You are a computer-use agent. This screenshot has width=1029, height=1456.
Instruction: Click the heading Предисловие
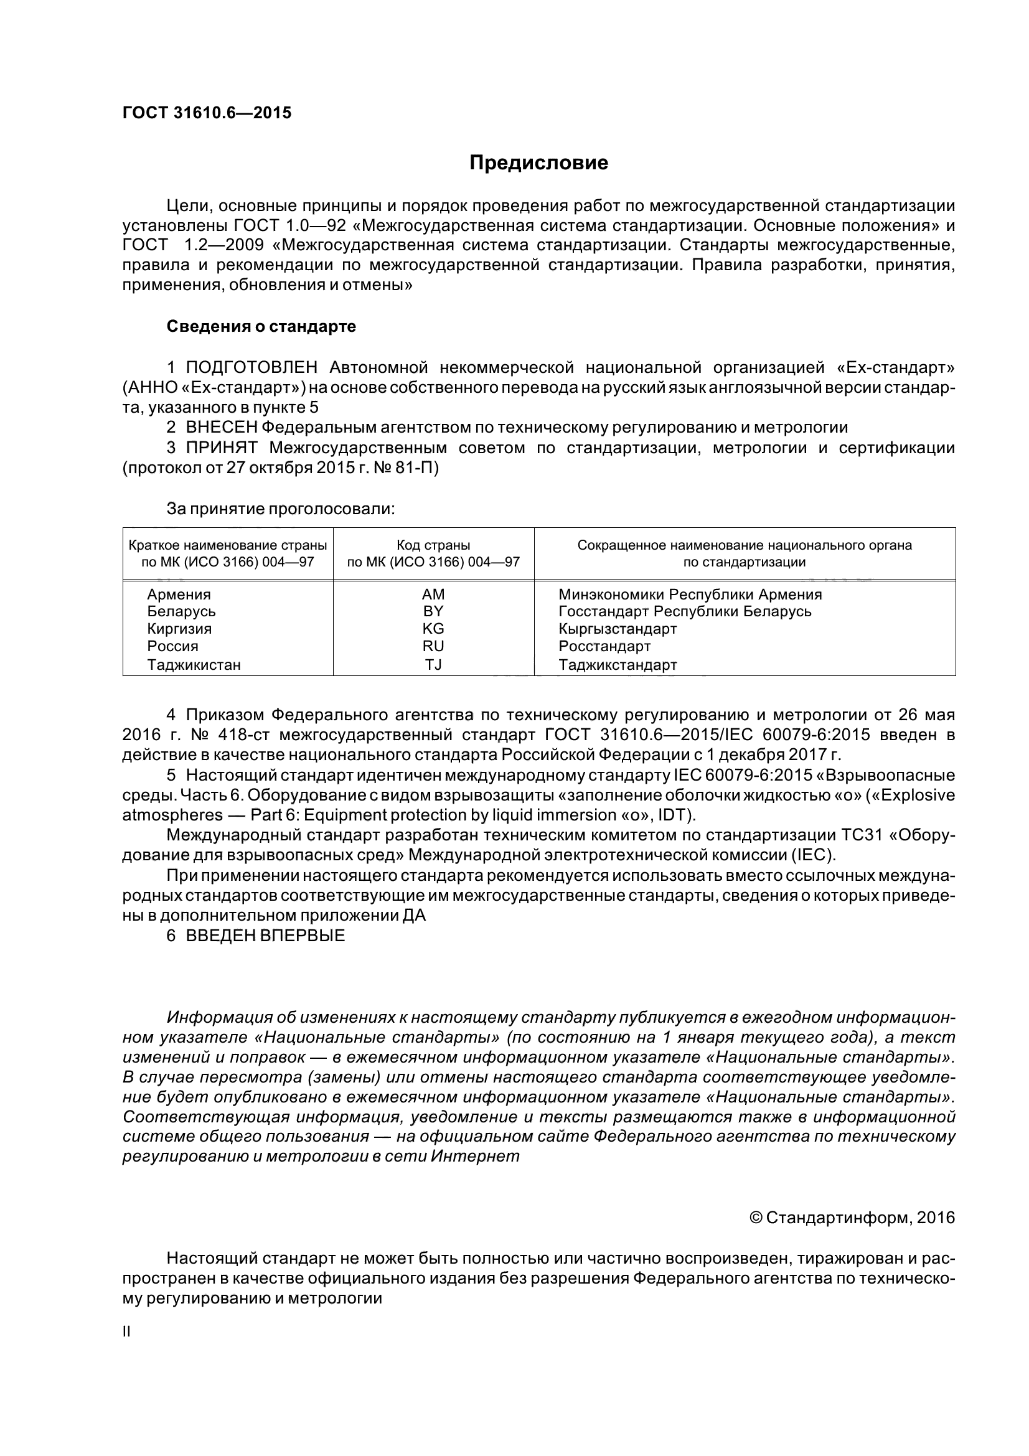[538, 163]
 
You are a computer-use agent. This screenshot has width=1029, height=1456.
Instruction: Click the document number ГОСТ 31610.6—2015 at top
[207, 113]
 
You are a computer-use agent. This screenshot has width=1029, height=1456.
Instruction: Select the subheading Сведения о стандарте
[261, 327]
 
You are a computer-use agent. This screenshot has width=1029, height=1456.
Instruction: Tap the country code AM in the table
[433, 594]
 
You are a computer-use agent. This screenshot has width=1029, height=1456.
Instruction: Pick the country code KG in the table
[433, 629]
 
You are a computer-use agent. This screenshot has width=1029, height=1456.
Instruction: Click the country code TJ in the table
[433, 665]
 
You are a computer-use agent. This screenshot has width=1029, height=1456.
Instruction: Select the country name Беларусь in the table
[181, 611]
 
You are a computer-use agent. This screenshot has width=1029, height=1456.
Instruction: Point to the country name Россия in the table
[172, 646]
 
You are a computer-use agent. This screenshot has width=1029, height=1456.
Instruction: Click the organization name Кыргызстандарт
[618, 629]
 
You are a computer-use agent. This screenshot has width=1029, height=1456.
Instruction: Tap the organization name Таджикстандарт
[618, 665]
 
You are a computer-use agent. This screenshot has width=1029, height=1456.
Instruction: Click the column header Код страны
[433, 545]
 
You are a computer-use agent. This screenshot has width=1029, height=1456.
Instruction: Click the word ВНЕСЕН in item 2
[220, 428]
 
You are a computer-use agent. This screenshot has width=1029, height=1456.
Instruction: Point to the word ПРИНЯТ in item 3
[221, 448]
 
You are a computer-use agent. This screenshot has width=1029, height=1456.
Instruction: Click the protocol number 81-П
[418, 468]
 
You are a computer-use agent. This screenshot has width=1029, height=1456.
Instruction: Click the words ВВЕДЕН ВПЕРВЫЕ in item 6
[265, 936]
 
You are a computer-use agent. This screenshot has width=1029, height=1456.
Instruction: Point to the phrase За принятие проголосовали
[280, 509]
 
